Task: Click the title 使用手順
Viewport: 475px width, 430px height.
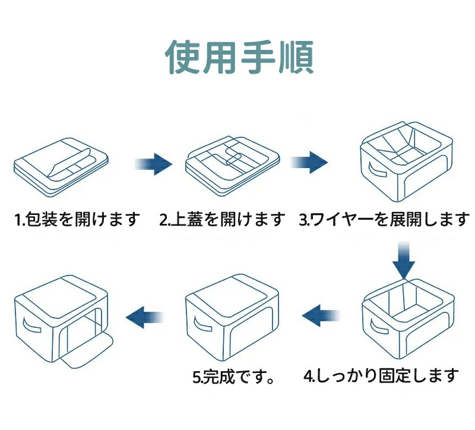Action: coord(239,57)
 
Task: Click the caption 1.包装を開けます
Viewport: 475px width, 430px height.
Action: coord(77,220)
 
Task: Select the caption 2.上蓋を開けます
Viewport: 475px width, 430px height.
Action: coord(222,220)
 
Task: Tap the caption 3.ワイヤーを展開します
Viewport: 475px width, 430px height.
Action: coord(384,220)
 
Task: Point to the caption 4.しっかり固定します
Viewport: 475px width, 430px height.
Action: coord(381,375)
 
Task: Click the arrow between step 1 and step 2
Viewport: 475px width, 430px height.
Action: coord(154,163)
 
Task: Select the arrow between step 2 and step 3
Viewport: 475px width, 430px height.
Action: coord(309,162)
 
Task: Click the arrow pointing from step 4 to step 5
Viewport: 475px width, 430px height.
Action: coord(321,312)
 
